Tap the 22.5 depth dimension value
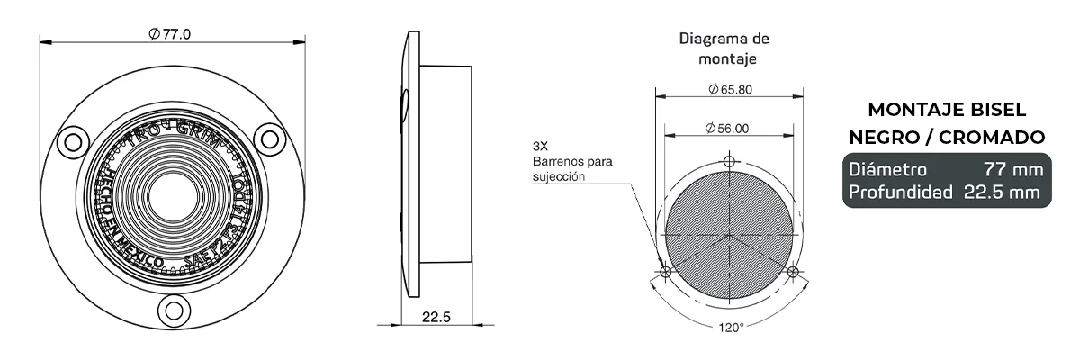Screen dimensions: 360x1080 pyautogui.click(x=436, y=316)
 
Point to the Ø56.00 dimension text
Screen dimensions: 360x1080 pyautogui.click(x=729, y=129)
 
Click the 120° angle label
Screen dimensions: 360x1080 pyautogui.click(x=730, y=327)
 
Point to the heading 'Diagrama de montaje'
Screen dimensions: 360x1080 pyautogui.click(x=724, y=49)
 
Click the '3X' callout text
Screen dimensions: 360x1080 pyautogui.click(x=540, y=146)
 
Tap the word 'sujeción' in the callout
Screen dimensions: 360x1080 pyautogui.click(x=558, y=177)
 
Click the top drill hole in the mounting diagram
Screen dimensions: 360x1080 pyautogui.click(x=730, y=161)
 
